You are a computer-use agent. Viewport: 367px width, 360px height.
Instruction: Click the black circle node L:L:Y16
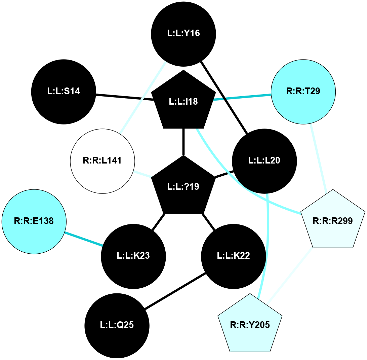pos(184,34)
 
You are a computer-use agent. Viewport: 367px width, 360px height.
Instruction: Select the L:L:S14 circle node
pos(64,91)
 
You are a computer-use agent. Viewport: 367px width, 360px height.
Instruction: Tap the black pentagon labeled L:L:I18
pos(184,101)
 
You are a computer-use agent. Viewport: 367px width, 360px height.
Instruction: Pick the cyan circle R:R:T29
pos(303,92)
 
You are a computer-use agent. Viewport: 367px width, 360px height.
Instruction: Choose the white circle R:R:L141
pos(102,161)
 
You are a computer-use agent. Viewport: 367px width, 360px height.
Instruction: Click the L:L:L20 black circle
pos(264,161)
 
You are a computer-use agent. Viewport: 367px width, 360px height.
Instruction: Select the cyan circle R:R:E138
pos(34,221)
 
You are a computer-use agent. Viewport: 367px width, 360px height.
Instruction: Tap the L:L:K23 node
pos(133,256)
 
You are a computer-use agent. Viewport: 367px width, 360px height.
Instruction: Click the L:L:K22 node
pos(233,256)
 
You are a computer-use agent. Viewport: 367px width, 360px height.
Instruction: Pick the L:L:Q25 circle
pos(117,325)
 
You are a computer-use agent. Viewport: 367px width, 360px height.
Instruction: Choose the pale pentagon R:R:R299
pos(332,221)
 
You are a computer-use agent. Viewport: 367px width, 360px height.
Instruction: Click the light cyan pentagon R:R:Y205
pos(250,325)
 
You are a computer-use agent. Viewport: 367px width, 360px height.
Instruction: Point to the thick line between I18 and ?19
pos(184,142)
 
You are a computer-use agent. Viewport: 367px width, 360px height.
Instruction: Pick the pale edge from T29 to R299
pos(318,158)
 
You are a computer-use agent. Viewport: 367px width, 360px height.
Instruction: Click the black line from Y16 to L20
pos(224,97)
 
